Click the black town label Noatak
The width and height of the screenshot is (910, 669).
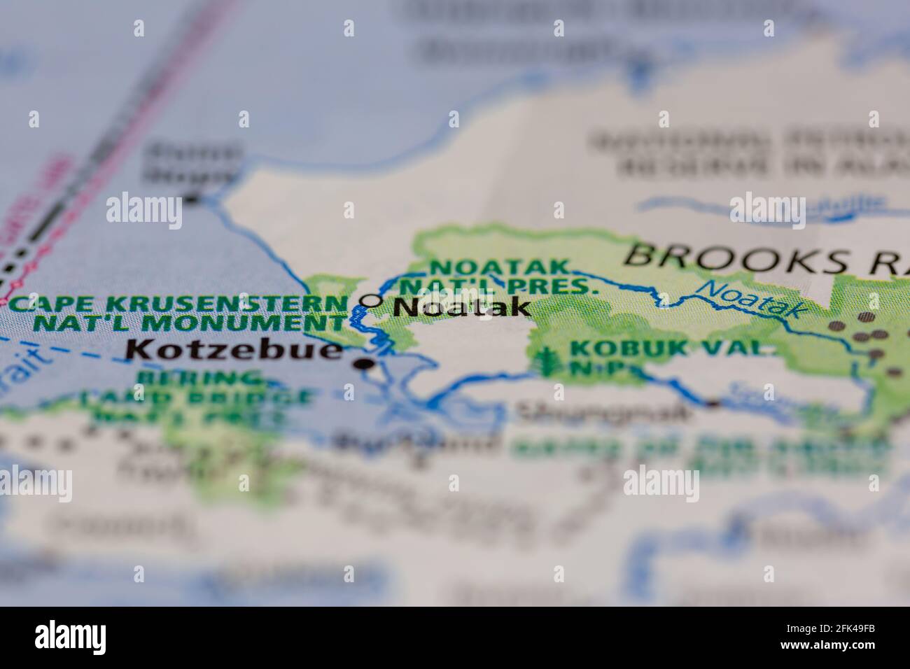pos(462,307)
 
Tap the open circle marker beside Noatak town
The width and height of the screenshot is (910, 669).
pos(371,300)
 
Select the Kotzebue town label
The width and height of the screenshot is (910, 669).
pos(234,349)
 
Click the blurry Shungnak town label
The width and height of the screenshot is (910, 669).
pos(602,411)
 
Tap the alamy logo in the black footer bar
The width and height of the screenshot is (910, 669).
pos(74,637)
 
